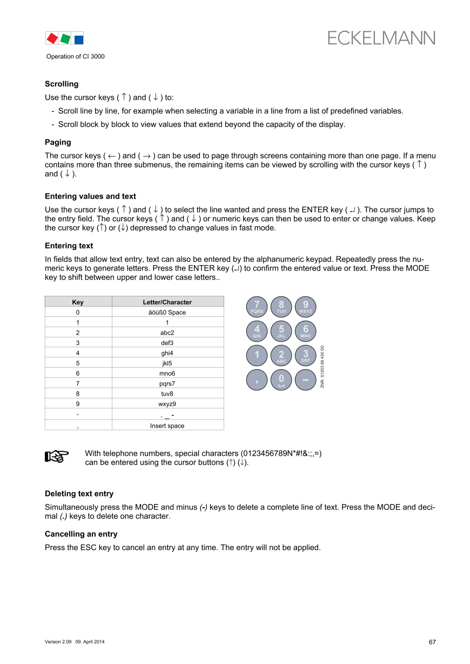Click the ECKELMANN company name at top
(381, 38)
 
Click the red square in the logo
(52, 38)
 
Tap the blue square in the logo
(78, 39)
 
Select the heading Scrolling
(62, 84)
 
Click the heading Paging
(58, 142)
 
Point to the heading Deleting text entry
(79, 493)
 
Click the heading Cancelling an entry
(81, 534)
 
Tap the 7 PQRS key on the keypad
(257, 307)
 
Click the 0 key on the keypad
(281, 380)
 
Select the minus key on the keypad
(306, 380)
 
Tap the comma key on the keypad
(257, 380)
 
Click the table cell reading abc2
(167, 333)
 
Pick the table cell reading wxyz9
(167, 403)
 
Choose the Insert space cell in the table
(167, 426)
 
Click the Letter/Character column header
(167, 302)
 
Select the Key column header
(78, 302)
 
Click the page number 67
(432, 642)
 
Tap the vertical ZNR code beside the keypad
(322, 367)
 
